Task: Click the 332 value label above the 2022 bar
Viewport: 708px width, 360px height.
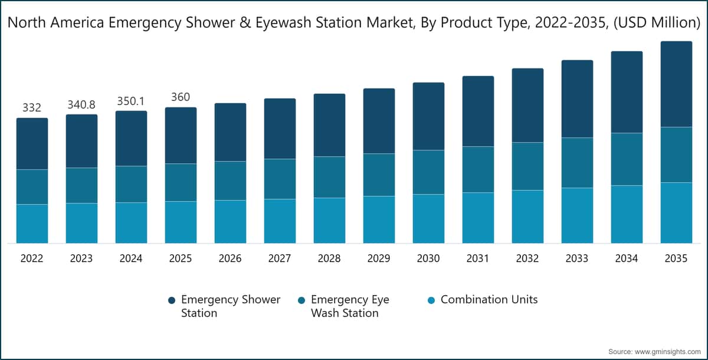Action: click(x=32, y=107)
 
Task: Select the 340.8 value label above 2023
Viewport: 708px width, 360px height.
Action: click(x=81, y=104)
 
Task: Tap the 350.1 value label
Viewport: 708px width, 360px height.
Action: click(x=131, y=101)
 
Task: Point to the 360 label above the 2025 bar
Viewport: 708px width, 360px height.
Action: click(x=181, y=97)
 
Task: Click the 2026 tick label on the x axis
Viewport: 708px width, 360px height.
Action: click(x=230, y=258)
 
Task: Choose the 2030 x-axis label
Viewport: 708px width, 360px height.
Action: click(x=428, y=258)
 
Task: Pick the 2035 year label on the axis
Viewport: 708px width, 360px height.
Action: click(x=676, y=258)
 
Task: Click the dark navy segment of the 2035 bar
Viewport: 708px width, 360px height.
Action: click(x=676, y=84)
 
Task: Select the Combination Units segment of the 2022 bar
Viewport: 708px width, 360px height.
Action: click(x=32, y=224)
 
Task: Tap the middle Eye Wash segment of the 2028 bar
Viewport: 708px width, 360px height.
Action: click(x=329, y=177)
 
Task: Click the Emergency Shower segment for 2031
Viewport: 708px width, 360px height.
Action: click(x=478, y=111)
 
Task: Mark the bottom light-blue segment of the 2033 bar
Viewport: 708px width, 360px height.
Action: click(x=577, y=215)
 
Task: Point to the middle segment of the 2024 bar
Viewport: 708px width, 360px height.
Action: click(x=131, y=184)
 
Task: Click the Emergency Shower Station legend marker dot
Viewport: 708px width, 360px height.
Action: click(x=171, y=300)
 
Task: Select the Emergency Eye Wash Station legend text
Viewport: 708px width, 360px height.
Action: click(x=350, y=306)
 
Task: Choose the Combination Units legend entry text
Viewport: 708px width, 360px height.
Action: click(x=489, y=300)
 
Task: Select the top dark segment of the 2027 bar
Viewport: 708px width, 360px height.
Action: click(x=280, y=129)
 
